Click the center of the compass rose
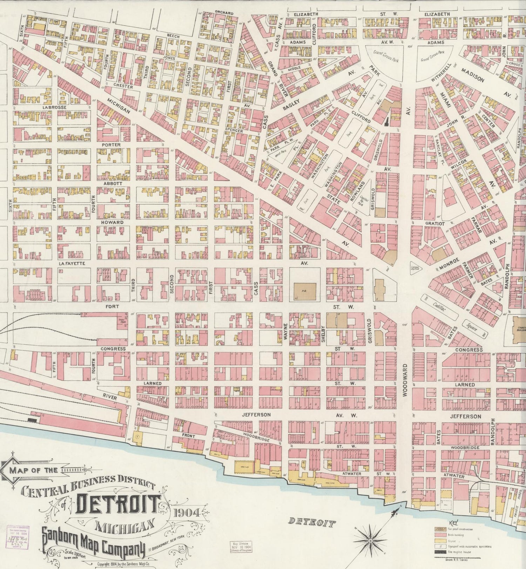(370, 541)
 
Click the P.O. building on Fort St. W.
(304, 291)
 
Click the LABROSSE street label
(54, 107)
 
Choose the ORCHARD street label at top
(224, 13)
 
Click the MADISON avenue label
(472, 75)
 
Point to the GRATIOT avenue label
(435, 223)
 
